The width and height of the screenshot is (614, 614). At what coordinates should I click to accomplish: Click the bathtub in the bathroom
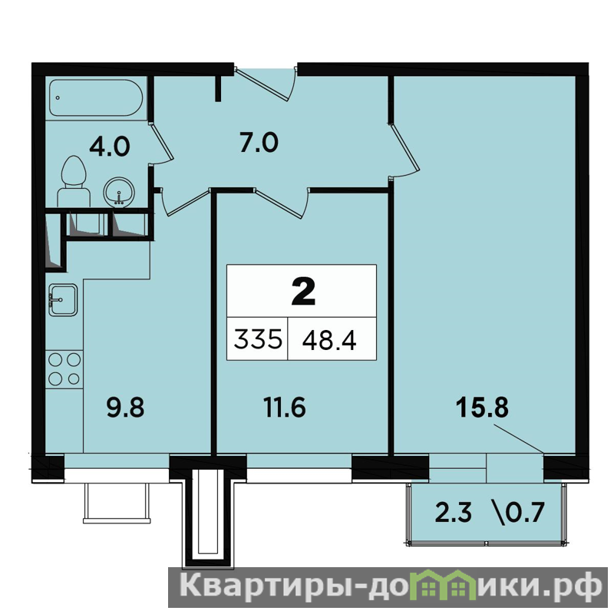[96, 98]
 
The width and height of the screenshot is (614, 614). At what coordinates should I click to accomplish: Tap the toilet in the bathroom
[74, 181]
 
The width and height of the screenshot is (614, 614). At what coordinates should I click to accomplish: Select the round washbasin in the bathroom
[119, 192]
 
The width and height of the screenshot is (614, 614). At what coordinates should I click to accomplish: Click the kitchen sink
[63, 300]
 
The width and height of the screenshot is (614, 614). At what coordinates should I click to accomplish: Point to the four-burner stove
[64, 369]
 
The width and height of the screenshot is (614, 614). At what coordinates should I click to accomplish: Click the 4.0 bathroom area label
[109, 147]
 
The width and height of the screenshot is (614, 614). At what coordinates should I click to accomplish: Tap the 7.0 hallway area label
[259, 143]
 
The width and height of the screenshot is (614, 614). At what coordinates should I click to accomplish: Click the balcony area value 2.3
[454, 513]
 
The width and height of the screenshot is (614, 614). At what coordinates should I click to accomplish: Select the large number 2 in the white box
[303, 292]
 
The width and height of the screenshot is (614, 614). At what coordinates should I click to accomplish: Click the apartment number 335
[258, 339]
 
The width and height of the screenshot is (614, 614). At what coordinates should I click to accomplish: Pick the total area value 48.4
[329, 339]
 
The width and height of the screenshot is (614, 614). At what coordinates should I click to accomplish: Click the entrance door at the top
[266, 84]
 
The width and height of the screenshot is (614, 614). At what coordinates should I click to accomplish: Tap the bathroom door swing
[161, 144]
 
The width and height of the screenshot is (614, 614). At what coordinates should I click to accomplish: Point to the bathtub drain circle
[58, 98]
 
